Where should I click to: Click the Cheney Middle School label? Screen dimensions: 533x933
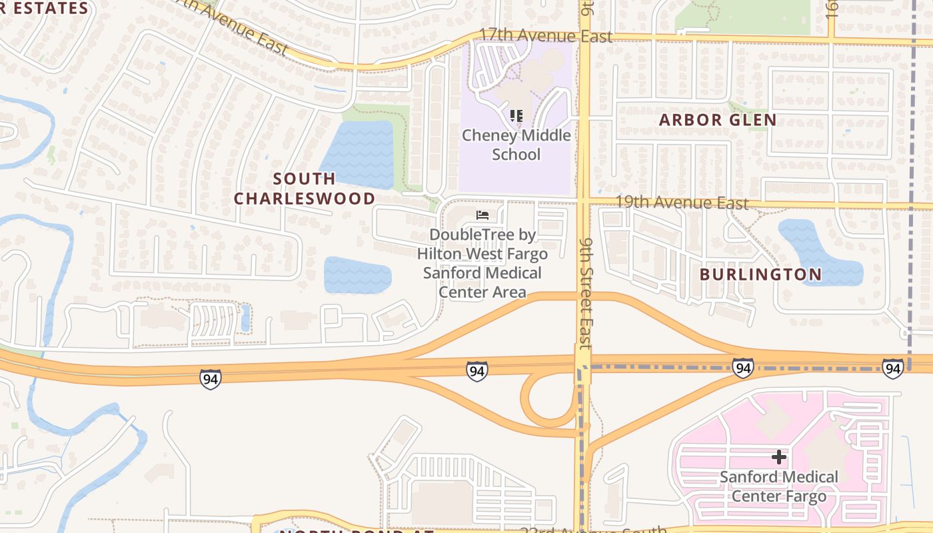coord(516,145)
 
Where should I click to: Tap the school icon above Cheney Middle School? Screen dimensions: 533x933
coord(516,116)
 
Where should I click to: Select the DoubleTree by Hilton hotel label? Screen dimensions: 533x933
coord(482,263)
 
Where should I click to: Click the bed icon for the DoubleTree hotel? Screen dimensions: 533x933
coord(482,215)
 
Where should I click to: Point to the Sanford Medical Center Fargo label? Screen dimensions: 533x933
coord(778,486)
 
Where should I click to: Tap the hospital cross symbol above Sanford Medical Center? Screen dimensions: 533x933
coord(778,457)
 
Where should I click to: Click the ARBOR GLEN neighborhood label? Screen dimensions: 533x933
coord(718,121)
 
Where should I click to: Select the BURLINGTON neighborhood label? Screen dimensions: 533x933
coord(760,274)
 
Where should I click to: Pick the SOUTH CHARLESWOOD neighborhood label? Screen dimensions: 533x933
coord(305,189)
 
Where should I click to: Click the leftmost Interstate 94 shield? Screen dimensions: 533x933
coord(210,379)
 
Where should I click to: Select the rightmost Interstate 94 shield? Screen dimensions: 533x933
coord(892,368)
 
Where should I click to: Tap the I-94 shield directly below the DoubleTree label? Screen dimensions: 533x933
coord(476,371)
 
